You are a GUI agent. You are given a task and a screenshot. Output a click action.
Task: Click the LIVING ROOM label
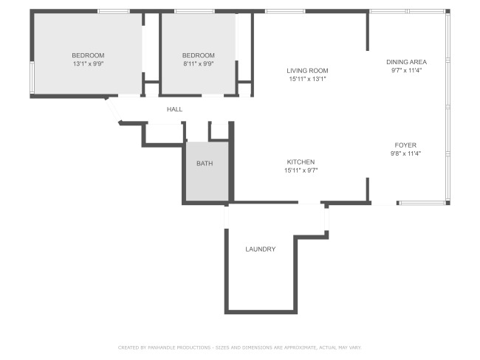(x=307, y=71)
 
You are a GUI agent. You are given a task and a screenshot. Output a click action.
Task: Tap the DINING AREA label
(x=406, y=62)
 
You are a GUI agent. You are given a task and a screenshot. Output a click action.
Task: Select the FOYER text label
(x=405, y=145)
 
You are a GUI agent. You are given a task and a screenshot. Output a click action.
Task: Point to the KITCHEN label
(x=301, y=162)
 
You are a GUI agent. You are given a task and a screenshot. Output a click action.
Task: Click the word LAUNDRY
(x=260, y=249)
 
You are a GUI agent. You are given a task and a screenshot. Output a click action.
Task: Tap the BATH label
(x=205, y=164)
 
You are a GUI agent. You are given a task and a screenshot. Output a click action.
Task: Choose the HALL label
(x=174, y=109)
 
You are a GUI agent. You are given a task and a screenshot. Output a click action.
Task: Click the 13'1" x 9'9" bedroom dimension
(x=89, y=64)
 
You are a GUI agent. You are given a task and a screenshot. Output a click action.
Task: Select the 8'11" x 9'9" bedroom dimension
(x=199, y=64)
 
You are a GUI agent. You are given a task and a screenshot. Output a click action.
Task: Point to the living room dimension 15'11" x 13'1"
(x=307, y=79)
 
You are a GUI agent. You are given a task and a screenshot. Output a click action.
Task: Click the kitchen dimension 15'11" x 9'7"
(x=301, y=170)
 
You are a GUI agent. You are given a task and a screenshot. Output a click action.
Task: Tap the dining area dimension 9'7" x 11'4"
(x=406, y=70)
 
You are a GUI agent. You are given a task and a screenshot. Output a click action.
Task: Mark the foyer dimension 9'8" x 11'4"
(x=405, y=153)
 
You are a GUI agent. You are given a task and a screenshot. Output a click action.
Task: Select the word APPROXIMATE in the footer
(x=301, y=347)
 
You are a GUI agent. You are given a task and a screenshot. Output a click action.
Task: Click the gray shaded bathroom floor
(x=208, y=171)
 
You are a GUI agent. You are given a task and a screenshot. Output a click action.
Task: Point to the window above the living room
(x=285, y=11)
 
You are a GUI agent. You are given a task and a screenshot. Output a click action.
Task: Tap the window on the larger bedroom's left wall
(x=32, y=77)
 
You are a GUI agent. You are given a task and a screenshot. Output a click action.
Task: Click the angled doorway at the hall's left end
(x=113, y=110)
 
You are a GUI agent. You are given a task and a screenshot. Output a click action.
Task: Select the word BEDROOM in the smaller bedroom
(x=199, y=55)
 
